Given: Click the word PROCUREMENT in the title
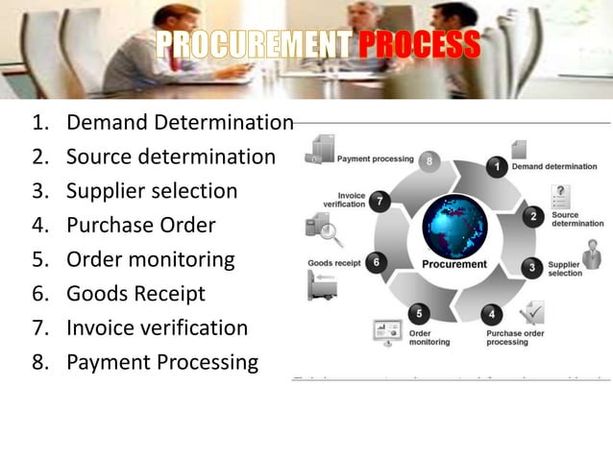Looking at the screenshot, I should coord(254,45).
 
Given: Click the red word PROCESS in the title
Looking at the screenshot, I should coord(420,45).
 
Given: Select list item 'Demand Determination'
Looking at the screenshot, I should coord(180,123).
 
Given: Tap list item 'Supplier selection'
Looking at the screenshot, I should coord(152,191).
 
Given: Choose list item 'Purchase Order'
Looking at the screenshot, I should coord(140,226).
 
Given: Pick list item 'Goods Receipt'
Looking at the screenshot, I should coord(135,294).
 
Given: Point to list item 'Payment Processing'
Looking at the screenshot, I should coord(162,362).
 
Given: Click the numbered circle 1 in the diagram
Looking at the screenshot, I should coord(496,167).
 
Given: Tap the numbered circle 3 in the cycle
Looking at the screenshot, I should coord(531,267).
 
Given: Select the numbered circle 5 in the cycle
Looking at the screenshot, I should coord(417,313).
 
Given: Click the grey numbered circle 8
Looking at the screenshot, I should coord(429,159).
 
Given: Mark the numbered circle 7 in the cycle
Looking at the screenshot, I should coord(380,201).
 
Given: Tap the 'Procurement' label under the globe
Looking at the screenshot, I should coord(454,264).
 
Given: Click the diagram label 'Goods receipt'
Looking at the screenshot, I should coord(333,262).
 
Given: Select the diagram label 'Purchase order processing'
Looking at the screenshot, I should coord(514,337).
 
